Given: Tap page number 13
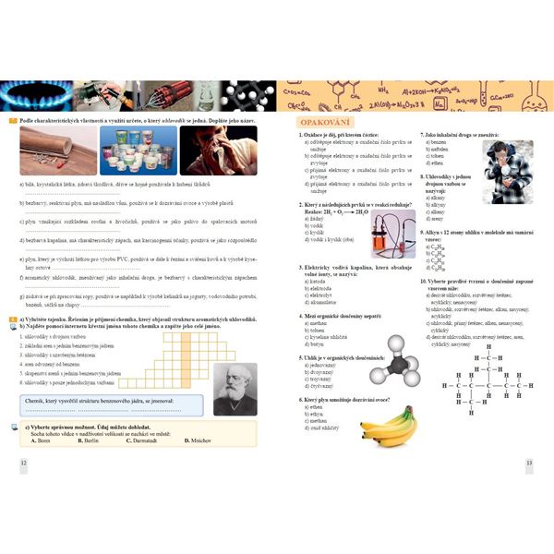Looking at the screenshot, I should tap(529, 462).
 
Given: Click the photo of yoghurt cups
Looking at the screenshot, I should tap(139, 150).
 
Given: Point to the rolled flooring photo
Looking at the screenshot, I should tap(56, 150).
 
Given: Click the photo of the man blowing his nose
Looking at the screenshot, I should tap(218, 150).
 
